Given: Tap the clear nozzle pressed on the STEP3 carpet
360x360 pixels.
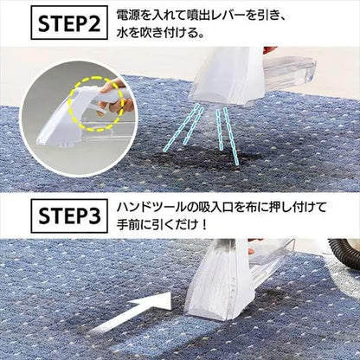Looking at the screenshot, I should (216, 286).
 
